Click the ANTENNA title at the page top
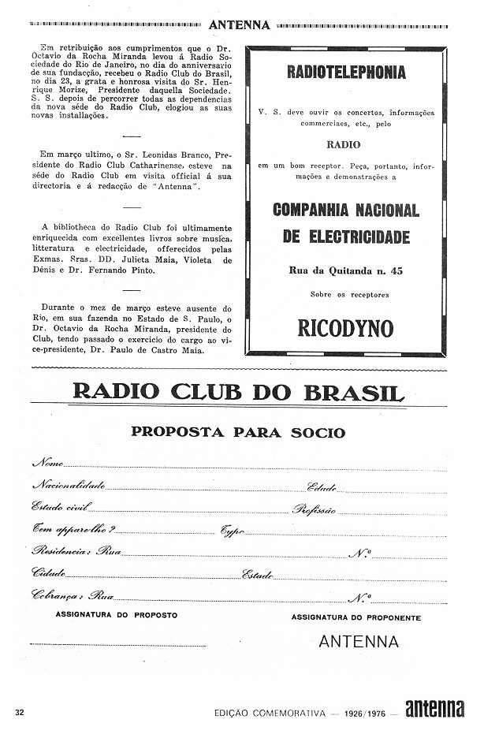[240, 24]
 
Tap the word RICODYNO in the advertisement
[345, 328]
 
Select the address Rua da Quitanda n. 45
[345, 270]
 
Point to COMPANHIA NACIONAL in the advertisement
[345, 211]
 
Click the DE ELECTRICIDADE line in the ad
[345, 237]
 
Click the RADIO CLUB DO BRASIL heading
[238, 392]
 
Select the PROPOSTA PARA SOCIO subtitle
[238, 432]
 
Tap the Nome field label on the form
[48, 463]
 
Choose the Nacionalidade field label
[68, 485]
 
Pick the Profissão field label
[315, 510]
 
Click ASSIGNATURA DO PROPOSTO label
[117, 614]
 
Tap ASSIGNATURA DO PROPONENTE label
[356, 617]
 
